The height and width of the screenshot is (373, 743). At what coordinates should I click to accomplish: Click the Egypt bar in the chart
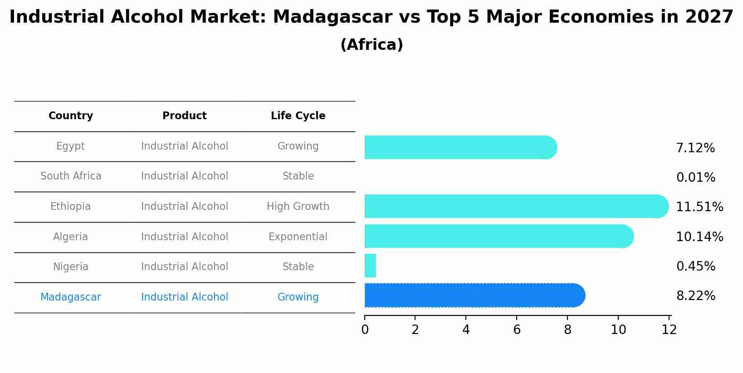[x=460, y=147]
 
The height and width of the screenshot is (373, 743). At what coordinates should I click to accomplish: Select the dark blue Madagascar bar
[x=474, y=295]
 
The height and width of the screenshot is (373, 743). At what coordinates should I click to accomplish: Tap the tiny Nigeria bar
[x=370, y=266]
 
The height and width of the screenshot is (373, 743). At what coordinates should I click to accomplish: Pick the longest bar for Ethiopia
[x=516, y=206]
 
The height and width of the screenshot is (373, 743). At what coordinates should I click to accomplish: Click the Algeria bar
[x=498, y=236]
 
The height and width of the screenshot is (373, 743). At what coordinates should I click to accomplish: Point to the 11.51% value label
[x=699, y=207]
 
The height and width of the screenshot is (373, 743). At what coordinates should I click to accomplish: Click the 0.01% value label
[x=695, y=178]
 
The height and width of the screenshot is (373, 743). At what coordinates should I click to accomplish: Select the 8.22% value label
[x=695, y=296]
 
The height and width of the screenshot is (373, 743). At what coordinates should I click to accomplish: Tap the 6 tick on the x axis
[x=517, y=330]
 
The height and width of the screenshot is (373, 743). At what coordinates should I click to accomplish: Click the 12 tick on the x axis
[x=669, y=330]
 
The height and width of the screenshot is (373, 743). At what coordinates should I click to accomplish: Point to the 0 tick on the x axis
[x=365, y=330]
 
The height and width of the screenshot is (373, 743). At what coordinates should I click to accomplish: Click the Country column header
[x=71, y=116]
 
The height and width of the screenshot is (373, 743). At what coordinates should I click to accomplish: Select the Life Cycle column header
[x=298, y=116]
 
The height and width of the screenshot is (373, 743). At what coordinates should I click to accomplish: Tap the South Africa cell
[x=71, y=176]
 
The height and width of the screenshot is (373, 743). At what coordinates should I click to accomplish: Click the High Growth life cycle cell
[x=298, y=207]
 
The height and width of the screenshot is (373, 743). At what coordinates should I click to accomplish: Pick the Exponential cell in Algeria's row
[x=298, y=237]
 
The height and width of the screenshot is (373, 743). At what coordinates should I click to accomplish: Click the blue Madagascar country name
[x=71, y=297]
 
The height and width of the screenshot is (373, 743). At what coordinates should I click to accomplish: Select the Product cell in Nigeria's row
[x=185, y=267]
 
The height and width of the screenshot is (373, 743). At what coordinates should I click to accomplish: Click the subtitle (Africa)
[x=371, y=45]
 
